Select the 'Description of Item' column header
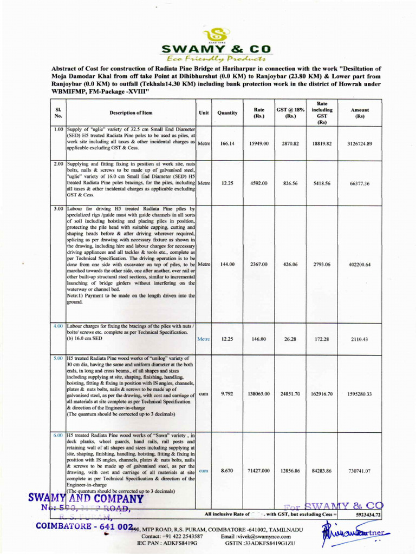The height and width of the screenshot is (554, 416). coord(131,113)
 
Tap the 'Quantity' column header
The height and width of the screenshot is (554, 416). coord(227,113)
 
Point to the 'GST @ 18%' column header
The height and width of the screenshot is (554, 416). coord(290,113)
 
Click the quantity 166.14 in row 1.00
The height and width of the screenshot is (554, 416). coord(227,144)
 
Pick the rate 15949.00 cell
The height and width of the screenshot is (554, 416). coord(258,144)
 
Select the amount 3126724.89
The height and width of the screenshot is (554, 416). coord(360,144)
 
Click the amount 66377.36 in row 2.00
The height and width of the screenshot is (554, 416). coord(360,183)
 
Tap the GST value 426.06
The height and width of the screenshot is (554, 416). coord(290,265)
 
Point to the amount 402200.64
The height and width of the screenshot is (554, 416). coord(360,265)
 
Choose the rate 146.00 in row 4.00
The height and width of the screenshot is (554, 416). coord(258,339)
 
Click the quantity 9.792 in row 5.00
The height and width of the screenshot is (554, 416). coord(227,394)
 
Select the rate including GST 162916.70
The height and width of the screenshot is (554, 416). coord(322,394)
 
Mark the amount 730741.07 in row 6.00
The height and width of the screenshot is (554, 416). coord(360,471)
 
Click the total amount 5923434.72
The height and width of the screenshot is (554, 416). coord(368,515)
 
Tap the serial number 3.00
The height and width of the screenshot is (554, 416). coord(58,208)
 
